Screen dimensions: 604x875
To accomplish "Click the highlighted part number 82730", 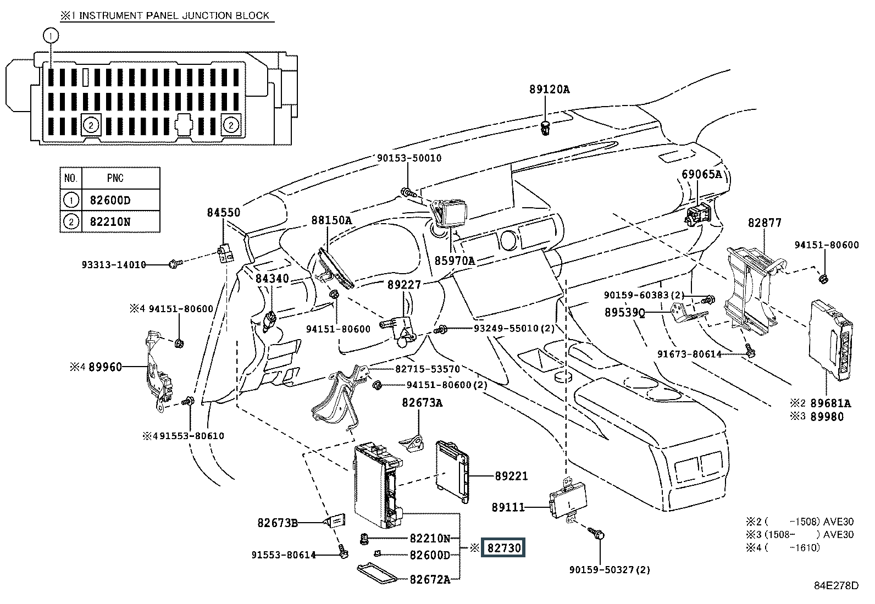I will tap(503, 548).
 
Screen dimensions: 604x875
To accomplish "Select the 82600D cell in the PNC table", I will tap(110, 200).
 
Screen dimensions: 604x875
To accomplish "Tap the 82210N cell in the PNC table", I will tap(110, 222).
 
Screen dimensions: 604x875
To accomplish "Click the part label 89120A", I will tap(550, 88).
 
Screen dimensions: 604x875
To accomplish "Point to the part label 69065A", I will tap(701, 174).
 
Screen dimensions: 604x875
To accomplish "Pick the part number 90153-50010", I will tap(409, 158).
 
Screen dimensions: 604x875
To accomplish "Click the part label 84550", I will tap(223, 212).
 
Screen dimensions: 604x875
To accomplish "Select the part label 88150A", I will tap(331, 220).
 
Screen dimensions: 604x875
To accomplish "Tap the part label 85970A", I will tap(455, 261).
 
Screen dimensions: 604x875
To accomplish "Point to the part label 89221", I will tap(511, 476).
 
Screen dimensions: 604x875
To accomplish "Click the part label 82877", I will tap(764, 223).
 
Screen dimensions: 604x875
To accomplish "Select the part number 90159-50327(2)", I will tap(610, 570).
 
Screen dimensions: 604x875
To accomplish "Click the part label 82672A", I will tap(429, 579).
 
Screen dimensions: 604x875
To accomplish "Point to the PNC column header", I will tap(115, 178).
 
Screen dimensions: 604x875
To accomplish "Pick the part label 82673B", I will tap(277, 523).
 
